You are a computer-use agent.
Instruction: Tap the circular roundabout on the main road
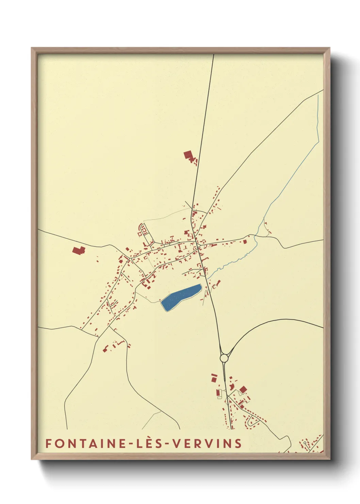(x=224, y=358)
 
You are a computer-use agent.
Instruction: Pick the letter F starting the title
(x=48, y=443)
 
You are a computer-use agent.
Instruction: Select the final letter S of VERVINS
(x=238, y=443)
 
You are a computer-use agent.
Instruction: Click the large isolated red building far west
(x=78, y=251)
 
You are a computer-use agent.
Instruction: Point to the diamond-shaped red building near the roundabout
(x=243, y=389)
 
